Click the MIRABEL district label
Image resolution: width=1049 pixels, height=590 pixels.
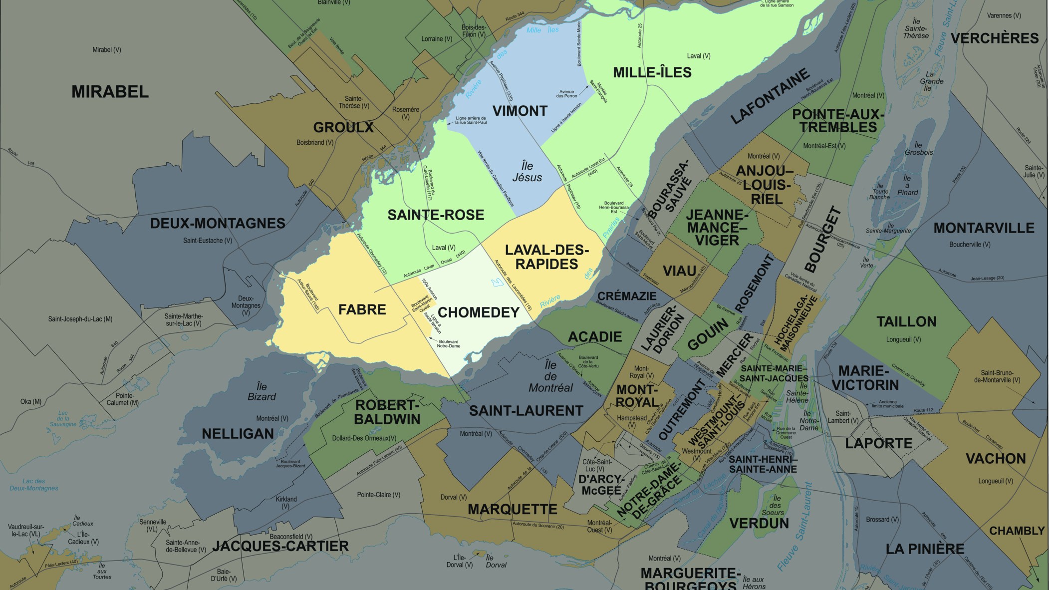[x=110, y=92]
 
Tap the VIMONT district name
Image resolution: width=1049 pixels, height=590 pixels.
[x=520, y=111]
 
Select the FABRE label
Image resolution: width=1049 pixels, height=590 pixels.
[x=362, y=309]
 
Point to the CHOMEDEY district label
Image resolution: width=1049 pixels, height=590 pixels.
[x=479, y=312]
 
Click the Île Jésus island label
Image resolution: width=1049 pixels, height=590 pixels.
[x=527, y=172]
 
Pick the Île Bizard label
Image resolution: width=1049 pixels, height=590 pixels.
[x=262, y=392]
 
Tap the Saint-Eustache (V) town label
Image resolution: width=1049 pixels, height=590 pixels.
[x=208, y=241]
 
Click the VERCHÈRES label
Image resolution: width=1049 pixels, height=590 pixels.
[x=995, y=38]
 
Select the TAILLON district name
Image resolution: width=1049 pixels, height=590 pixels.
[x=906, y=321]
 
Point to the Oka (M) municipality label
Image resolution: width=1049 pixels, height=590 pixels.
[x=31, y=402]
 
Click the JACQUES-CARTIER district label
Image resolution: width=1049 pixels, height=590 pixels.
[x=280, y=547]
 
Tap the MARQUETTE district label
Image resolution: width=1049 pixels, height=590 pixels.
[x=512, y=510]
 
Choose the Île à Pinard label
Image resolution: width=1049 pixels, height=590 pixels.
[x=907, y=185]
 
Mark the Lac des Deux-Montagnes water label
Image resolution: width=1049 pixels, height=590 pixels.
[x=34, y=485]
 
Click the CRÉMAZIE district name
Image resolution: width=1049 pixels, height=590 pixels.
[x=627, y=296]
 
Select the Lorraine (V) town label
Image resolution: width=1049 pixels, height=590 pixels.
[x=437, y=39]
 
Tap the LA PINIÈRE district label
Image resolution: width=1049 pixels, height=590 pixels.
[x=925, y=549]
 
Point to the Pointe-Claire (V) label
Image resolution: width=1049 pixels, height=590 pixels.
[x=379, y=495]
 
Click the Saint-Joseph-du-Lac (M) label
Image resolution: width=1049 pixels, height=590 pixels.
[x=80, y=319]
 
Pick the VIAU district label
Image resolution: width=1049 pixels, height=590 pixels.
[x=679, y=271]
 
